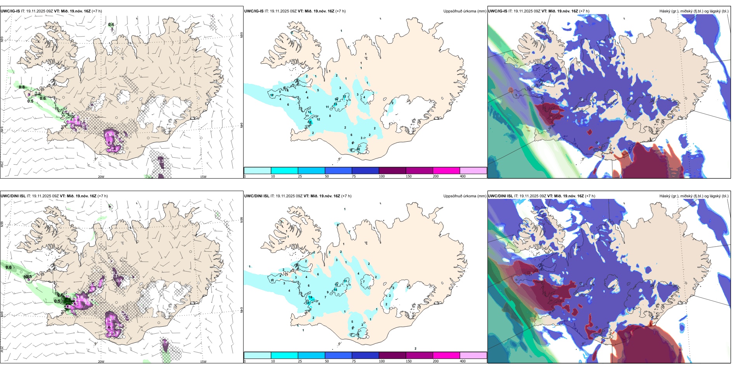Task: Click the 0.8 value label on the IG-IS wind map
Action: pos(22,87)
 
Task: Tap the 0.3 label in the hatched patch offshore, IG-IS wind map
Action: pos(161,161)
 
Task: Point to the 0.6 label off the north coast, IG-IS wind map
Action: pos(111,24)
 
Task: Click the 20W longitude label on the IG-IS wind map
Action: pos(101,177)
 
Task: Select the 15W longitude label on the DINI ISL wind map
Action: pos(203,362)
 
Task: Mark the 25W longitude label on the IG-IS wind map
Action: pos(2,164)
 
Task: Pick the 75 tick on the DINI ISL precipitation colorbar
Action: pos(354,361)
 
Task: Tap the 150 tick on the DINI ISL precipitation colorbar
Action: pos(408,361)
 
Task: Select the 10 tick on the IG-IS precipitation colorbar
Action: pos(273,176)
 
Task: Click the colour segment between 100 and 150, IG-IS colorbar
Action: pos(392,171)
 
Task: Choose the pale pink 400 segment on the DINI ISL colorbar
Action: pos(473,355)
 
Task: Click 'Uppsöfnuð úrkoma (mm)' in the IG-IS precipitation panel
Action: pos(465,11)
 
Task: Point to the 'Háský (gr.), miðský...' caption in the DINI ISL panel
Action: pos(694,196)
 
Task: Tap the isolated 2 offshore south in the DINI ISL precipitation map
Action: pos(415,348)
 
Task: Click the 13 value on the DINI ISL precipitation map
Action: pos(345,281)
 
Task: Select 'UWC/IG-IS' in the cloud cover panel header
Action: pos(498,11)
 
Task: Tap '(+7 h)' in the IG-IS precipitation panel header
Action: pos(340,11)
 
